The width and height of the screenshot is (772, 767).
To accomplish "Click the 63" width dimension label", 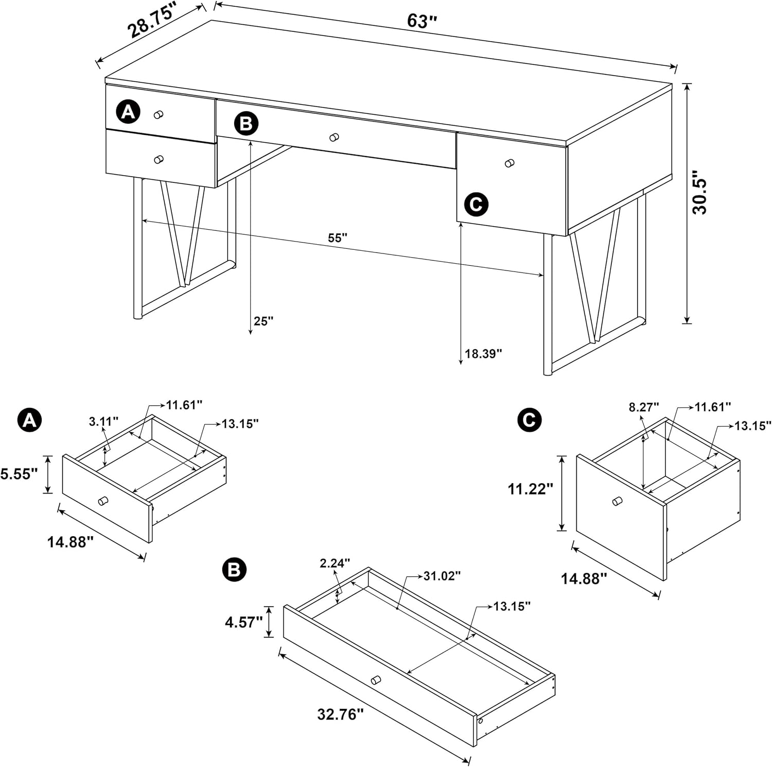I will (x=422, y=21).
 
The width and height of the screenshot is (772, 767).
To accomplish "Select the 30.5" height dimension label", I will (x=700, y=193).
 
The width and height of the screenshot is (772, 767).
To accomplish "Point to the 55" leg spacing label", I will (x=338, y=238).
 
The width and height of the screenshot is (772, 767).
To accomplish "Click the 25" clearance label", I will (x=264, y=321).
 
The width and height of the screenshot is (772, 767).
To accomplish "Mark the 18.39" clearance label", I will (x=483, y=354).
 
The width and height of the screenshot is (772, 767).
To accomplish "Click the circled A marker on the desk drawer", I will (x=128, y=111).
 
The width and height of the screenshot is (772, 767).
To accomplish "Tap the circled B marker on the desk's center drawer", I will (x=246, y=124).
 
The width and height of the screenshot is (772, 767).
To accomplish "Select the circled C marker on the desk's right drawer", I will (x=476, y=204).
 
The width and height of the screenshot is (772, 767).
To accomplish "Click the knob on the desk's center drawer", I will (x=334, y=138).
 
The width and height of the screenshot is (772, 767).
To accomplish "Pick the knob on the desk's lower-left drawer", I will (x=159, y=160).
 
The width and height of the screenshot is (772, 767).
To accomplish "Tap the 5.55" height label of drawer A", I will (x=19, y=474).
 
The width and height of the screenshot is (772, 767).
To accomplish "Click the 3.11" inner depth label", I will (x=103, y=422).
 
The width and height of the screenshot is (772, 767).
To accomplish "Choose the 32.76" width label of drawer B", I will (x=340, y=714).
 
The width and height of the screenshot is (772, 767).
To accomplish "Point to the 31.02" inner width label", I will (x=442, y=576).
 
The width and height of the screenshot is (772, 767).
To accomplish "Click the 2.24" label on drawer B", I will (x=335, y=563).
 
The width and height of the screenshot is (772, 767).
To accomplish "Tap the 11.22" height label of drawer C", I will (x=530, y=489).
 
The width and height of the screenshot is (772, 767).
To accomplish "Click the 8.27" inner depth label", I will (x=643, y=407).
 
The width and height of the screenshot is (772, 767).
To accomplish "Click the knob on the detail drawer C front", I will (x=617, y=501).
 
